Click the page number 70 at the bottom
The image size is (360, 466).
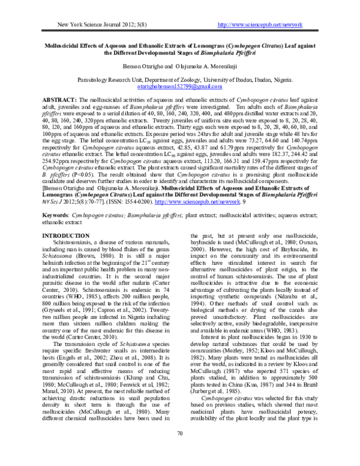[x=180, y=451]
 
